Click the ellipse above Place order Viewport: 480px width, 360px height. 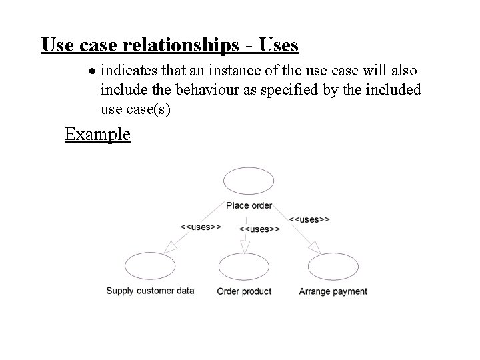pyautogui.click(x=249, y=181)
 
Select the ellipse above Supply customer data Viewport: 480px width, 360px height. pyautogui.click(x=149, y=267)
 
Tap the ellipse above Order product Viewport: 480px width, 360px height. pyautogui.click(x=244, y=267)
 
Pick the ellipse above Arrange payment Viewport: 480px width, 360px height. pyautogui.click(x=333, y=267)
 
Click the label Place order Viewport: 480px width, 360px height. pyautogui.click(x=249, y=205)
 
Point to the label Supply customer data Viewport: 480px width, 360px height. pyautogui.click(x=150, y=291)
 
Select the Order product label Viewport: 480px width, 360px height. pyautogui.click(x=244, y=291)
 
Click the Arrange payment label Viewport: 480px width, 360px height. pyautogui.click(x=333, y=291)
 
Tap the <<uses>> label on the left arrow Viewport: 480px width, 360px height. pyautogui.click(x=201, y=227)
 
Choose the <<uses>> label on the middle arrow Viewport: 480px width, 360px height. pyautogui.click(x=259, y=229)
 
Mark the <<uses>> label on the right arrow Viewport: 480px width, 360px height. pyautogui.click(x=309, y=219)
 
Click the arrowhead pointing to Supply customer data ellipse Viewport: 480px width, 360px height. pyautogui.click(x=171, y=247)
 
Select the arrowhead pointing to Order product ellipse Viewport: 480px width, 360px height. pyautogui.click(x=245, y=247)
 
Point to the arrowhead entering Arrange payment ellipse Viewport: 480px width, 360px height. pyautogui.click(x=315, y=248)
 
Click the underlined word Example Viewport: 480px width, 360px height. pyautogui.click(x=97, y=134)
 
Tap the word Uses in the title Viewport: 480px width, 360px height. pyautogui.click(x=275, y=45)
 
